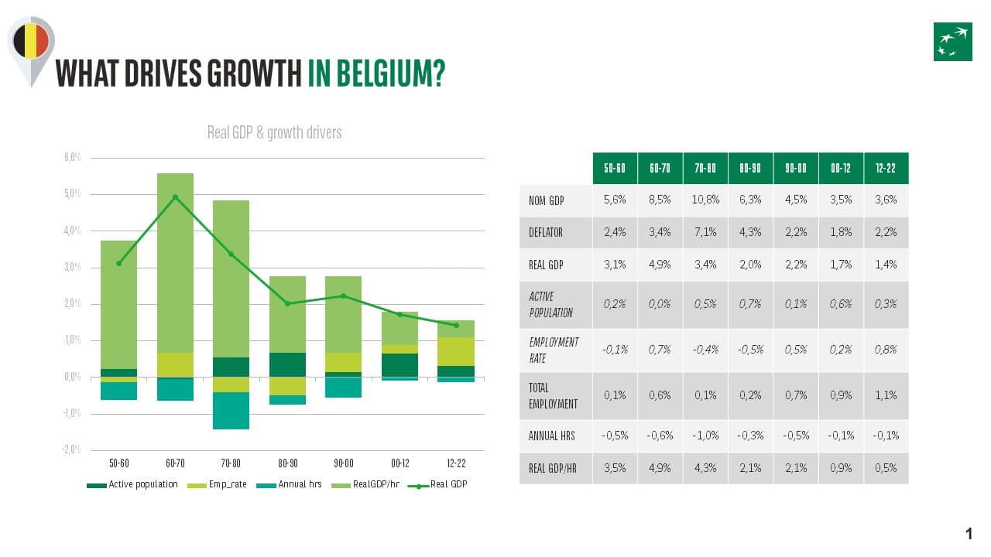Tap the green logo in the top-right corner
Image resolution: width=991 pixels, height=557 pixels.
(x=952, y=42)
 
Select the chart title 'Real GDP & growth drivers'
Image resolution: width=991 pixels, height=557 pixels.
(x=274, y=132)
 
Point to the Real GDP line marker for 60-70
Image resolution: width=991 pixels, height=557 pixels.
(x=175, y=196)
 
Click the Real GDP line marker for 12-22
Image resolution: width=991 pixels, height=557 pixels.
(x=456, y=325)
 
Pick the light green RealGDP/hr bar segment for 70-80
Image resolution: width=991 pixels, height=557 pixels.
(x=231, y=278)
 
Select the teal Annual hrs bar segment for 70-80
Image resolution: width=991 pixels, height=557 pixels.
(x=231, y=410)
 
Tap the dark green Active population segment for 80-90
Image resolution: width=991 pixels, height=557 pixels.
(x=287, y=364)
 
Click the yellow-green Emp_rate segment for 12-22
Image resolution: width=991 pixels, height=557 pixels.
(x=456, y=351)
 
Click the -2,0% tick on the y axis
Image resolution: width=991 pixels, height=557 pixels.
(x=71, y=450)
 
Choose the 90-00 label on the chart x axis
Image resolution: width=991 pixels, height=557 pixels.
(x=344, y=463)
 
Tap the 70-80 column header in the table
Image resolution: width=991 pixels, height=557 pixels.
(x=705, y=168)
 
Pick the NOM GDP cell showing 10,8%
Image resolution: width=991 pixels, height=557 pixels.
(x=705, y=200)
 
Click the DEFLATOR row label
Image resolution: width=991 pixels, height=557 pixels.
(x=546, y=232)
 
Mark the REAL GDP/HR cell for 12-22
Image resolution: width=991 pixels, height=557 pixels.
(x=886, y=468)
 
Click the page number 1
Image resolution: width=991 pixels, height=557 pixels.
(x=969, y=534)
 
